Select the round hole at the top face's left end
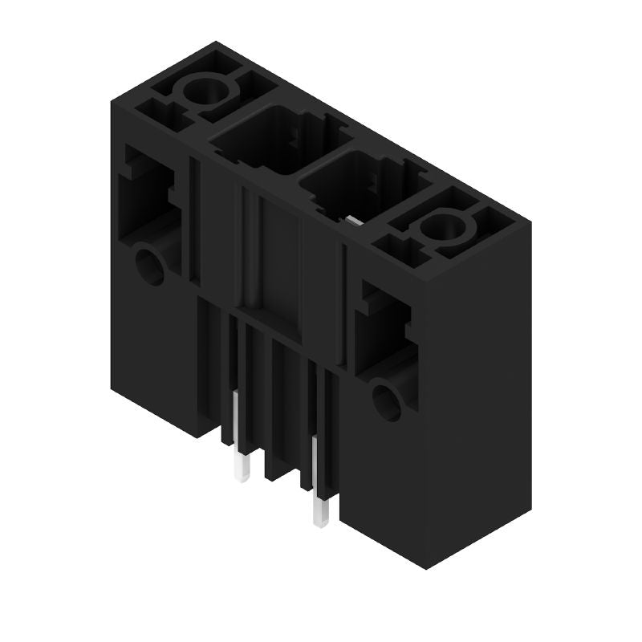[x=205, y=95]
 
